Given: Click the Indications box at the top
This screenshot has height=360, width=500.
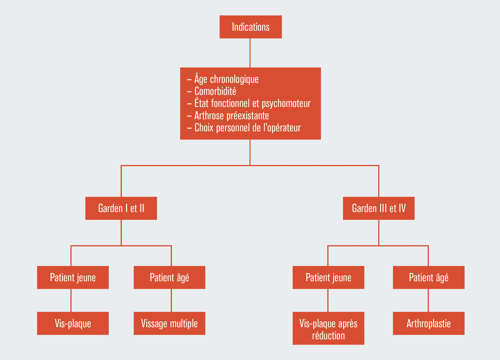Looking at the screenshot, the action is pos(250,27).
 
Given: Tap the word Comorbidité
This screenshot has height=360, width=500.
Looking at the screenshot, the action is pos(215,91).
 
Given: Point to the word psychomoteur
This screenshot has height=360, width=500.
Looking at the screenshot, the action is pos(286,104).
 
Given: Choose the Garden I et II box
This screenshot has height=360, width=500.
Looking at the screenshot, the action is pos(121,208).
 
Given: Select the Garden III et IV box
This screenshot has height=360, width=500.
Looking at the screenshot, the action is pos(379,208).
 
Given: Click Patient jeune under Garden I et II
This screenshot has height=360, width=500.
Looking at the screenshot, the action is pos(73,278).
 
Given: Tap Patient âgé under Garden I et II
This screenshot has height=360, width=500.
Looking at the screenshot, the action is pos(170,278).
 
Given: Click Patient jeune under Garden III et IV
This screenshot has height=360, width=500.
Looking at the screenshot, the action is pos(329,278).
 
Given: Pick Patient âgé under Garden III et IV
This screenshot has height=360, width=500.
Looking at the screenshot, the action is pos(429,278).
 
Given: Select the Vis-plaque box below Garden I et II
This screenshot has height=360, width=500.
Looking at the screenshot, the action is pos(73,323).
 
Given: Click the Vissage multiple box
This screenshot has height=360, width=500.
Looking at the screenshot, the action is pos(170,323).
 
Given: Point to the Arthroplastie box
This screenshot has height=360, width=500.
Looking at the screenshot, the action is pos(429,323).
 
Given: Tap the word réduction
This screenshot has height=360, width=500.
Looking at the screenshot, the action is pos(329,336).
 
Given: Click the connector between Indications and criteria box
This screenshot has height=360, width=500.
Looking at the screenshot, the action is pos(250,53).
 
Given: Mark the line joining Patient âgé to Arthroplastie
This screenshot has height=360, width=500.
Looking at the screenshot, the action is pos(428,300).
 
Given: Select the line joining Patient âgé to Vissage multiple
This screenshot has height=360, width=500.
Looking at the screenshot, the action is pos(171,300).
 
